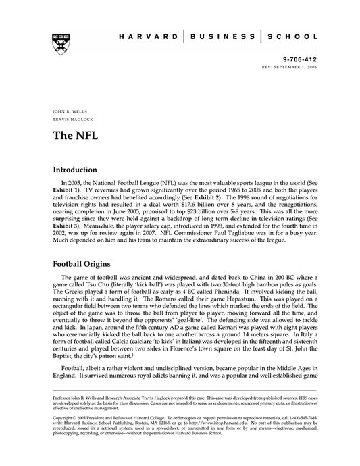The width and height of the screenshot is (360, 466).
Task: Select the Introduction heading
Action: click(79, 170)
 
